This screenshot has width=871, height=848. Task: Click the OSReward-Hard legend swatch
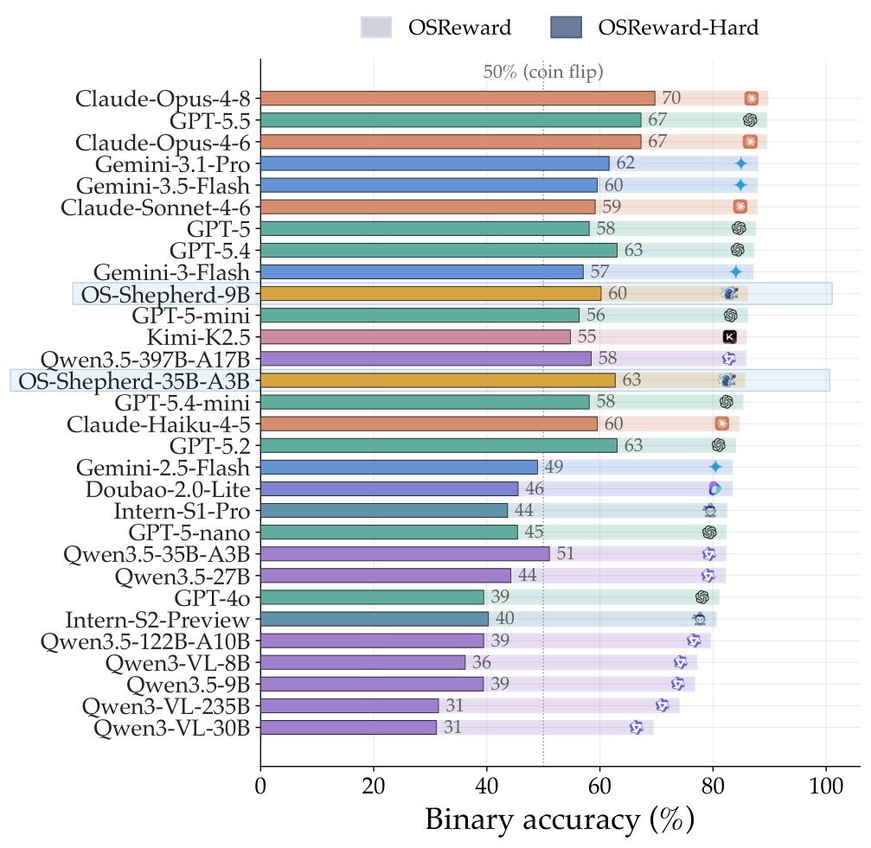pos(566,27)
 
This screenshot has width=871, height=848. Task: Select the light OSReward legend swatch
pos(376,27)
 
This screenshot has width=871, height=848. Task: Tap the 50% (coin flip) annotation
pos(542,72)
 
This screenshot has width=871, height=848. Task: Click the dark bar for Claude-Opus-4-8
pos(458,99)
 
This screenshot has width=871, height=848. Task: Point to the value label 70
pos(671,98)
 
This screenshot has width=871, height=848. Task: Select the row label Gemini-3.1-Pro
pos(172,164)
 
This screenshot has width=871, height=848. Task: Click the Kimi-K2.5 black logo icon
pos(730,337)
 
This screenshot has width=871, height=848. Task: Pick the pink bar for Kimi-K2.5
pos(415,337)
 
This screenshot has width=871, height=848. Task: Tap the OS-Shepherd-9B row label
pos(165,295)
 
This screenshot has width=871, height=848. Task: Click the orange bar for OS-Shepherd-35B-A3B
pos(438,380)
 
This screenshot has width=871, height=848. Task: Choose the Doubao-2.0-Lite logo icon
pos(715,489)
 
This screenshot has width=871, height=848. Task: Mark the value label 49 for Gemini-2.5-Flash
pos(554,467)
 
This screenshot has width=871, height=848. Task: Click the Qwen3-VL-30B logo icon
pos(637,727)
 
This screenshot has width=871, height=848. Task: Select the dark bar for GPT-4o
pos(372,597)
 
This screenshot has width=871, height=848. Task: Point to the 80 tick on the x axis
pos(713,787)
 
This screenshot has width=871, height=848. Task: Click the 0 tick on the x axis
pos(260,787)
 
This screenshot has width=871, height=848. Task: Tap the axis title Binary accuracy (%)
pos(560,820)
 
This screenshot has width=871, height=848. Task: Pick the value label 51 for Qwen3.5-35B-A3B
pos(565,553)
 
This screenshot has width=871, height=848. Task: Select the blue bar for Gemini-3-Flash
pos(422,272)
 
